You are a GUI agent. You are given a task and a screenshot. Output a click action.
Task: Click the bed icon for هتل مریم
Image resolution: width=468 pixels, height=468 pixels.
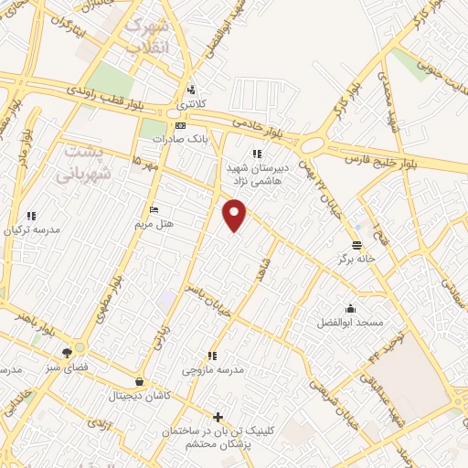[x=153, y=208]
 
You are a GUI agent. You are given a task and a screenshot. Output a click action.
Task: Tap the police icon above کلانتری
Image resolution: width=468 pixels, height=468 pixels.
[x=190, y=90]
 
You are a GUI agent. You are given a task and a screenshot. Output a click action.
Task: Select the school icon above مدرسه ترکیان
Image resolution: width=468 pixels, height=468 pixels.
[x=32, y=216]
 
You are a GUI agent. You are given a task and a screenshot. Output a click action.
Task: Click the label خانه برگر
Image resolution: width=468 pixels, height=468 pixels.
[x=357, y=260]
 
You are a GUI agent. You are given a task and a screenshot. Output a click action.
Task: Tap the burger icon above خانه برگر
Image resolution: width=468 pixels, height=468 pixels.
[x=357, y=245]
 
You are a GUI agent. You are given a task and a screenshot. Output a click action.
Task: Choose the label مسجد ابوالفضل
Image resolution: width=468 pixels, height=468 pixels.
[x=350, y=323]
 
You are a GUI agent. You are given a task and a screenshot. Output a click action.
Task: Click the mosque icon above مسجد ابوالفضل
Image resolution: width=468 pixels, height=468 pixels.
[x=350, y=308]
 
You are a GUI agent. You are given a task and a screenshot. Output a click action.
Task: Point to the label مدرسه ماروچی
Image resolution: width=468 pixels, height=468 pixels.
[x=212, y=369]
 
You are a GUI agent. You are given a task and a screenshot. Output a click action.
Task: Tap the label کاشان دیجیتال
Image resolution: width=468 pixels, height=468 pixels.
[x=138, y=396]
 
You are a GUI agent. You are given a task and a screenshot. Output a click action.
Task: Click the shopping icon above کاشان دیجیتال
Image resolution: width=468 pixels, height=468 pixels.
[x=138, y=382]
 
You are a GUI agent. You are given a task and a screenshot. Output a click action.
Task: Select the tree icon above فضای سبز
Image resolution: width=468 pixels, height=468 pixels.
[x=67, y=352]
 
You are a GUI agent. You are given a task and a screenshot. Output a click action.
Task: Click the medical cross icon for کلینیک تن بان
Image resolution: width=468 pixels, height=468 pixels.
[x=217, y=417]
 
